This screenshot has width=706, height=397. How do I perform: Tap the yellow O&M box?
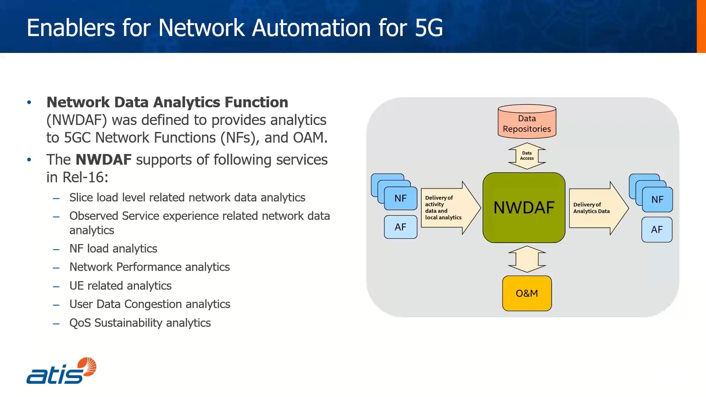[x=527, y=293]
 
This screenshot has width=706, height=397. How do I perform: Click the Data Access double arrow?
[x=527, y=156]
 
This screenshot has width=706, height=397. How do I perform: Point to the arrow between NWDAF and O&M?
[x=527, y=259]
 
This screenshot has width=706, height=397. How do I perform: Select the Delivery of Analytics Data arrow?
[x=598, y=208]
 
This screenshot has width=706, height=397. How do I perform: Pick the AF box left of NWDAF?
[x=400, y=227]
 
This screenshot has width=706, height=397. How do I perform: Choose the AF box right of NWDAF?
[x=657, y=230]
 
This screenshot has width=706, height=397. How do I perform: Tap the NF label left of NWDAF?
[x=400, y=198]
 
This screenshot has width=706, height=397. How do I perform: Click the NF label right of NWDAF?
[x=657, y=200]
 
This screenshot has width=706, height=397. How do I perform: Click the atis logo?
[x=61, y=371]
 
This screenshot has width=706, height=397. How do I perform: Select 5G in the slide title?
[x=429, y=28]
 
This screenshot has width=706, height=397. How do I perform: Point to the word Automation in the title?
[x=311, y=28]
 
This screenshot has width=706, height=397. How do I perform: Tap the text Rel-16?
[x=85, y=177]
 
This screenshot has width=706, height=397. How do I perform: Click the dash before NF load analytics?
[x=56, y=250]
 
